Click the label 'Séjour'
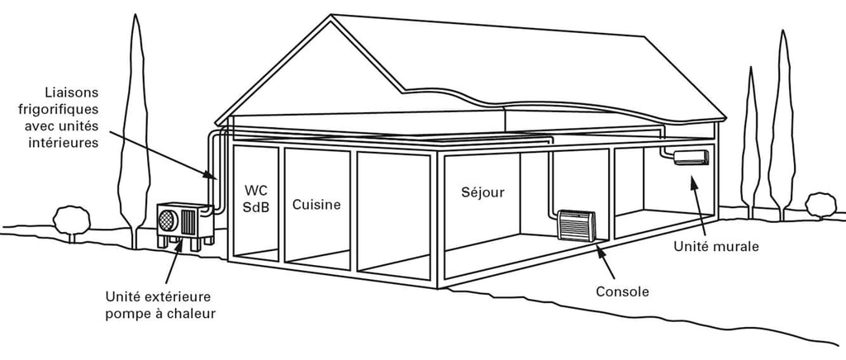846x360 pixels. click(x=483, y=192)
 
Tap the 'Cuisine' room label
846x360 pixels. click(x=316, y=205)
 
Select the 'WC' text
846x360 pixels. click(x=256, y=190)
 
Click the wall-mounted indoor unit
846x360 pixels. click(x=691, y=157)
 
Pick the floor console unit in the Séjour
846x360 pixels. click(x=576, y=225)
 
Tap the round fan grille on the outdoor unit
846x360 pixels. click(x=168, y=220)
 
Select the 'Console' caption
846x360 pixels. click(x=622, y=291)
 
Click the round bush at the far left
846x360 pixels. click(x=71, y=220)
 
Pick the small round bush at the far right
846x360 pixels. click(x=820, y=204)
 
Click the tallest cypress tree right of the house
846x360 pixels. click(x=781, y=124)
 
